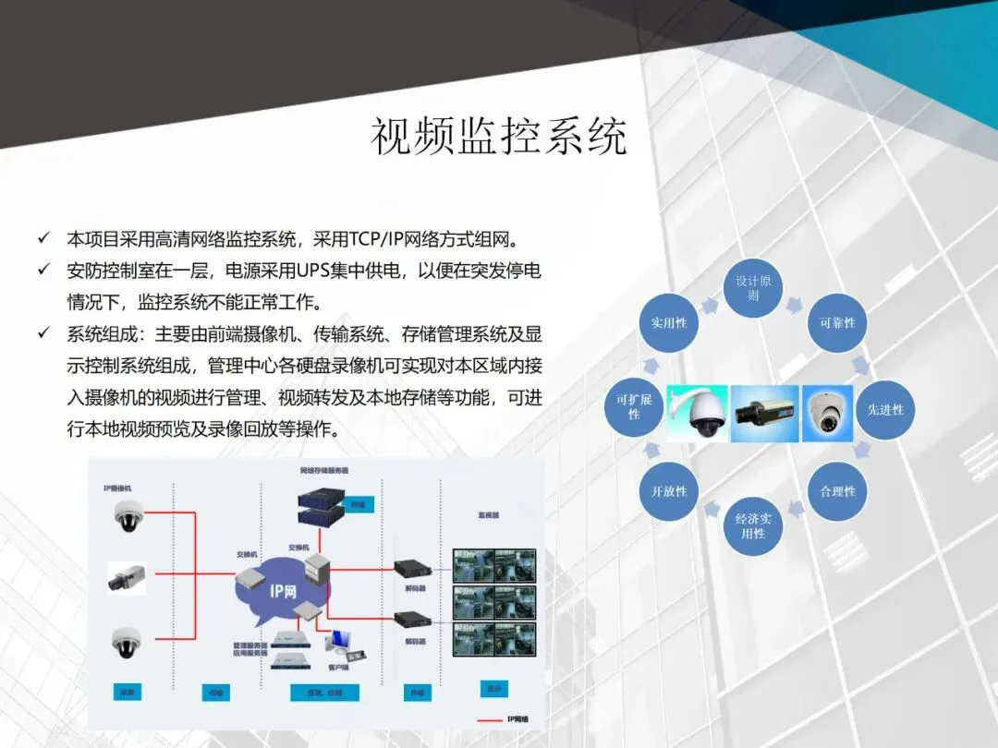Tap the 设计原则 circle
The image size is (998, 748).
(x=753, y=288)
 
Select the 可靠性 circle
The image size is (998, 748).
(x=837, y=323)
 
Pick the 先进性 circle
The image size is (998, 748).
(x=884, y=409)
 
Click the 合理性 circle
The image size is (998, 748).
(x=837, y=491)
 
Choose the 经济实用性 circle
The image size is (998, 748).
(x=753, y=526)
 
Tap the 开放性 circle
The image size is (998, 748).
(x=669, y=491)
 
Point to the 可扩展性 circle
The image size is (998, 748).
(x=634, y=407)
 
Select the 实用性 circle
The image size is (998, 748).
(x=669, y=323)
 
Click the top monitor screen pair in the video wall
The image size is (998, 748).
(x=494, y=562)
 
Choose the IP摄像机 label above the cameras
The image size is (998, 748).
(x=119, y=487)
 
